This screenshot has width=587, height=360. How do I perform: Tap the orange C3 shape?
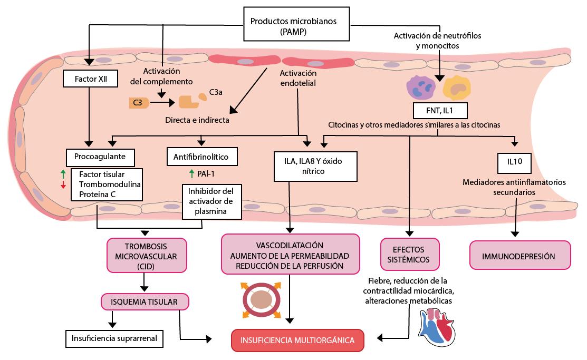[x=139, y=103]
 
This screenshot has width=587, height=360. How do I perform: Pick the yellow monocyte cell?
[x=456, y=87]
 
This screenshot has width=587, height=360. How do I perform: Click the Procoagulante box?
[x=100, y=157]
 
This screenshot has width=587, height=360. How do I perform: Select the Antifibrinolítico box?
[x=201, y=157]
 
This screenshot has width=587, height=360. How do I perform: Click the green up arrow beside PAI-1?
[x=191, y=172]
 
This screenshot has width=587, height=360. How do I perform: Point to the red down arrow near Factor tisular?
[x=63, y=184]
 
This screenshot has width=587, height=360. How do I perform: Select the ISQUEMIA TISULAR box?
[x=144, y=302]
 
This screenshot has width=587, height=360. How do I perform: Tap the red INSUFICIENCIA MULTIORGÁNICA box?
[x=297, y=340]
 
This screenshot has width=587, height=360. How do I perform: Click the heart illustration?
[x=438, y=327]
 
